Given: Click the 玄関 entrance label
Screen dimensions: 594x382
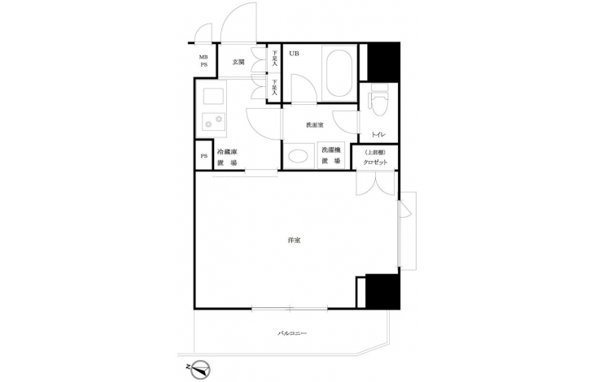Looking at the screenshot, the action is (238, 62).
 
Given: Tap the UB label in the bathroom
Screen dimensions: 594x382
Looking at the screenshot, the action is (294, 54).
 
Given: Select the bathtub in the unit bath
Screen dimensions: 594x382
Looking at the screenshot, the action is (339, 72).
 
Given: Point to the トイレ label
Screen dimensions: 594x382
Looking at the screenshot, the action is (378, 134).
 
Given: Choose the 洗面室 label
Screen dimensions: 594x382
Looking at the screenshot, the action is (315, 125).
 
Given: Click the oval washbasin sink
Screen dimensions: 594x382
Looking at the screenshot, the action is (299, 156).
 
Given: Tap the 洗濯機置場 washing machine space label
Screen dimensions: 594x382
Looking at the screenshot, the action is (331, 155).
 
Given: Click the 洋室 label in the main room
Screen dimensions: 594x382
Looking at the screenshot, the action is (295, 240).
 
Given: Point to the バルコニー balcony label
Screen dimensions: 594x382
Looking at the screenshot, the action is (292, 333).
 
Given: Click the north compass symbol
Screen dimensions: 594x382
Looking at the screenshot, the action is (199, 370).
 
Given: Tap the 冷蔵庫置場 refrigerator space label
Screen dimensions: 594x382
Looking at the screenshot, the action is (227, 158).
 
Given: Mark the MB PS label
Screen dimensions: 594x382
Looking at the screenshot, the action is (203, 61).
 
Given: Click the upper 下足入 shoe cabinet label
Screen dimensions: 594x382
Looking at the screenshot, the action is (275, 59).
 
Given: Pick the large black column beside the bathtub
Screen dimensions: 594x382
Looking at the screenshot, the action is (383, 62).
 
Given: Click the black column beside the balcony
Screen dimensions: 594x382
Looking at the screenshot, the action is (382, 291).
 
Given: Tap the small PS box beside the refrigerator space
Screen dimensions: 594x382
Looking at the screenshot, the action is (203, 156).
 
